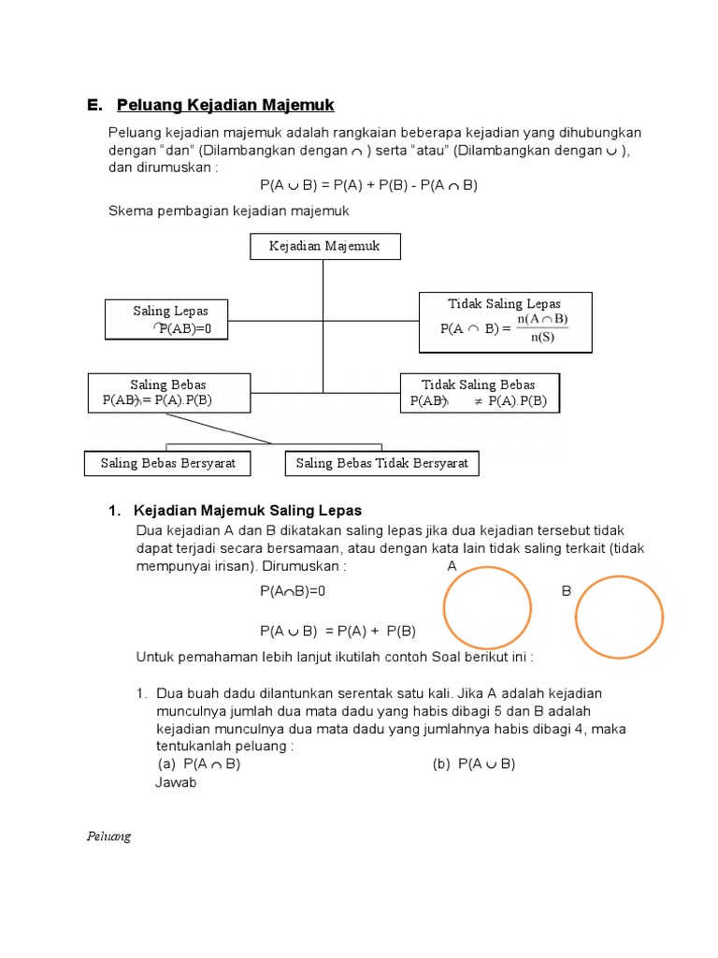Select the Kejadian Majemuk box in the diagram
(324, 246)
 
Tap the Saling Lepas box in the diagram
(170, 319)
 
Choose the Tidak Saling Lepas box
(505, 322)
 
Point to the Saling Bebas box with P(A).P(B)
(168, 393)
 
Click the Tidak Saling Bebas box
(479, 393)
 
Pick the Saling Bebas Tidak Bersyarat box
(381, 463)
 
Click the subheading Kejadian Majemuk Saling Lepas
(248, 510)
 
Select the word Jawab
(176, 782)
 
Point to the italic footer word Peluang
(108, 836)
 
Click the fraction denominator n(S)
(542, 338)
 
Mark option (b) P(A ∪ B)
(474, 763)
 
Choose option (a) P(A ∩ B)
(199, 763)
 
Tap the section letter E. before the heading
(94, 104)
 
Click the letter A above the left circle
(452, 567)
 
